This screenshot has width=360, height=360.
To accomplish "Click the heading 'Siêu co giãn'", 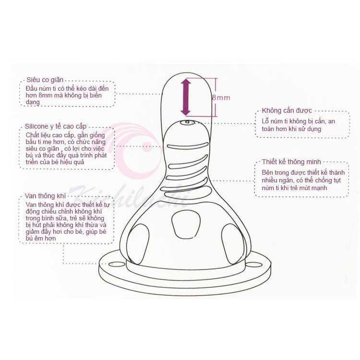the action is [45, 80].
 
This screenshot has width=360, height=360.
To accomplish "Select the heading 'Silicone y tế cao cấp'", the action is [56, 126].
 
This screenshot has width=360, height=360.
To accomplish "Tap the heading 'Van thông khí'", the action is [45, 196].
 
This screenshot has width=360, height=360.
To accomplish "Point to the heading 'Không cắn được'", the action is [287, 111].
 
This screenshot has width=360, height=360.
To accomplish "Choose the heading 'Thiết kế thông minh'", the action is [291, 162].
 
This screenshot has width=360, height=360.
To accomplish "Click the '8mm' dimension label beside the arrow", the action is [221, 98].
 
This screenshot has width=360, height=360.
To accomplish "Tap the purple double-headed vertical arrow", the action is [185, 97].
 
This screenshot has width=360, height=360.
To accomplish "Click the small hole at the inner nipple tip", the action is [187, 122].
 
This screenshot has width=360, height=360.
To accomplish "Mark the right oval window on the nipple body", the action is [233, 244].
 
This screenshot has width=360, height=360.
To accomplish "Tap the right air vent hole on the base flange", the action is [254, 264].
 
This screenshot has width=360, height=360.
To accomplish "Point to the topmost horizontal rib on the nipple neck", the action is [188, 145].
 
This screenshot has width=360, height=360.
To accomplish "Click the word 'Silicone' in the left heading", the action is [36, 126].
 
